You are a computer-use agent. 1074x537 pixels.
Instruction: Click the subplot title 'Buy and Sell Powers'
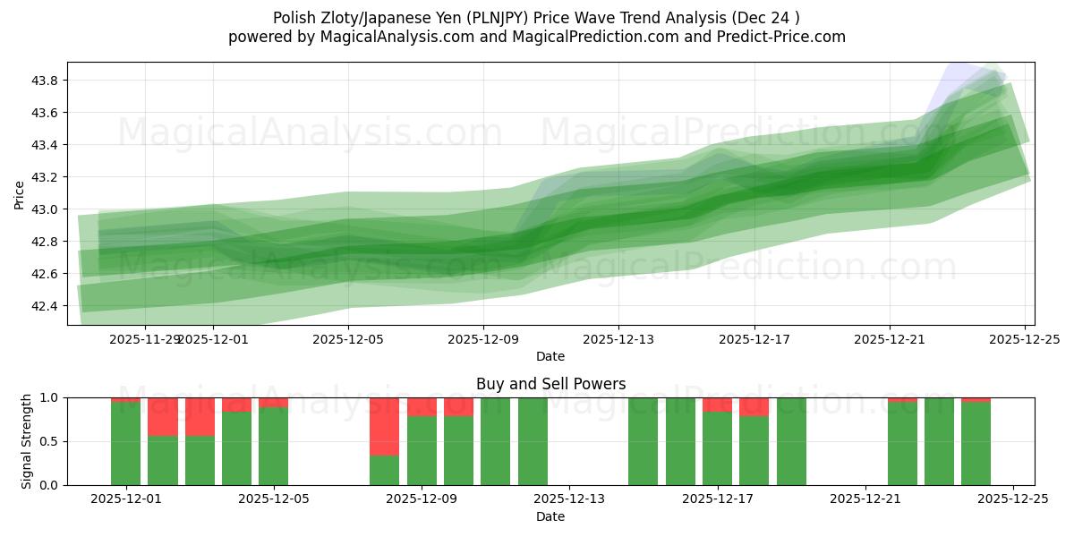(550, 384)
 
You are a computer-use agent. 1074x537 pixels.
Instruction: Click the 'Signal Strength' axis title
(27, 441)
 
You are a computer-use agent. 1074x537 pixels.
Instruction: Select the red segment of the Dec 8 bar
(385, 426)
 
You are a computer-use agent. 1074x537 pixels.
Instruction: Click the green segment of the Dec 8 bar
(385, 471)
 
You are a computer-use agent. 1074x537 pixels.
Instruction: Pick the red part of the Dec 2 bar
(163, 416)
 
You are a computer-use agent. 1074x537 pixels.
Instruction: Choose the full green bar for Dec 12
(533, 441)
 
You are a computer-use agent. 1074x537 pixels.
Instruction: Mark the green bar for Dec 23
(939, 441)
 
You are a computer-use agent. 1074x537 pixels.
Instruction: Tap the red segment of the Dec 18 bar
(754, 406)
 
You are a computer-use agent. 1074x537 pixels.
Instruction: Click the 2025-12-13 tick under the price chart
(618, 339)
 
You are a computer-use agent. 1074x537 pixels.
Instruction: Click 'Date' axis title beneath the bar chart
(550, 516)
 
